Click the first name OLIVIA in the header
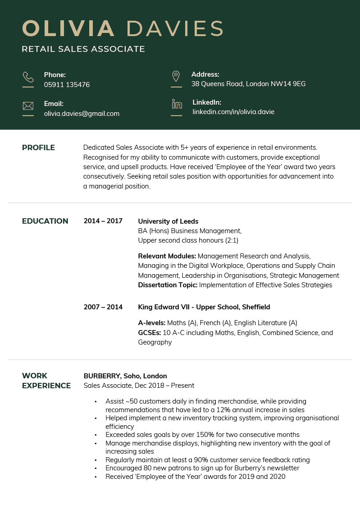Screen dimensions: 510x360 68,28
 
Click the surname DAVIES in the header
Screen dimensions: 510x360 175,28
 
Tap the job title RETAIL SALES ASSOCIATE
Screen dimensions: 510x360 83,49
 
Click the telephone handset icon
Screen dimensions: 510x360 28,77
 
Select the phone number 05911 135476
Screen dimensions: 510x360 67,85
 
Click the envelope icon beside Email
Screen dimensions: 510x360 28,106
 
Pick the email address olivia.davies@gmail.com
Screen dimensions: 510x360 82,114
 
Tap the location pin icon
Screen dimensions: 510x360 176,76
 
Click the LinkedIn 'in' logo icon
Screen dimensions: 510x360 177,105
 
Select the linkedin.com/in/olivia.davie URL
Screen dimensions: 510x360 233,112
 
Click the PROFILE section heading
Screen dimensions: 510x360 38,148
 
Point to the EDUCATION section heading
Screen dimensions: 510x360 45,221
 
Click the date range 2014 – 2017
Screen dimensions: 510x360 103,221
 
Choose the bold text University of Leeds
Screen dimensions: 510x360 168,221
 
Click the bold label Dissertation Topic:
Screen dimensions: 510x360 168,285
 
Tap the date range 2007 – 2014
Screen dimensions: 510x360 103,307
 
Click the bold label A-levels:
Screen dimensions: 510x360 152,323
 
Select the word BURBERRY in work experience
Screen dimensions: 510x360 102,376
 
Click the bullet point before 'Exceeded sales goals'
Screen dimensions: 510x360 96,435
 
